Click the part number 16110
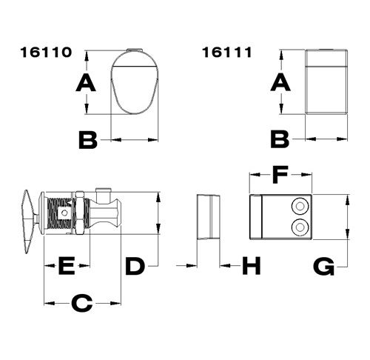tap(46, 53)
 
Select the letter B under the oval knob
tap(88, 139)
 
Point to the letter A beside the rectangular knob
tap(280, 83)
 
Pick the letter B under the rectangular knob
tap(280, 139)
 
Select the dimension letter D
tap(134, 266)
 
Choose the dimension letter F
tap(279, 176)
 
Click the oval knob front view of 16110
tap(135, 82)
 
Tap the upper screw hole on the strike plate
tap(301, 206)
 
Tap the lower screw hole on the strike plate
tap(301, 226)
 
